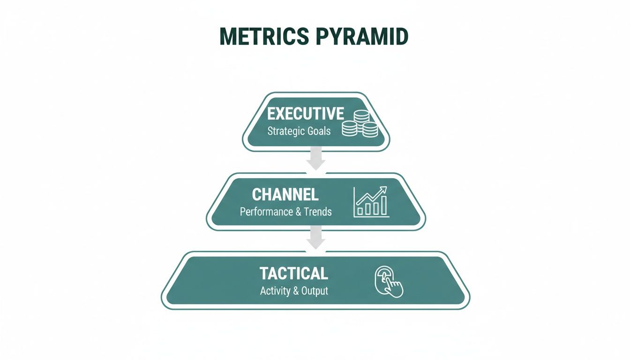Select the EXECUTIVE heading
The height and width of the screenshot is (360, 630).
pyautogui.click(x=306, y=113)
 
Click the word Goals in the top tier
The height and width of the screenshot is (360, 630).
pyautogui.click(x=319, y=131)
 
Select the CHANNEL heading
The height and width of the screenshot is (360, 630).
pyautogui.click(x=285, y=194)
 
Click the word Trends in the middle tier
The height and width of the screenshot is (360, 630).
pyautogui.click(x=317, y=211)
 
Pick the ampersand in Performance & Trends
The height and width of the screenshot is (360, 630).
pyautogui.click(x=298, y=211)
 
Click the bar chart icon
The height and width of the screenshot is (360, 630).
pyautogui.click(x=371, y=202)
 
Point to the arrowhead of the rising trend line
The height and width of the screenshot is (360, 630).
pyautogui.click(x=384, y=189)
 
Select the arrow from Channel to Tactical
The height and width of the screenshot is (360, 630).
pyautogui.click(x=315, y=238)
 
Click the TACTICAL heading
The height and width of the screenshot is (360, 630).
pyautogui.click(x=294, y=273)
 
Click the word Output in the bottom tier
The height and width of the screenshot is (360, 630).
pyautogui.click(x=315, y=291)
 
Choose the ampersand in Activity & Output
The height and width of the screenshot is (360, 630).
pyautogui.click(x=296, y=291)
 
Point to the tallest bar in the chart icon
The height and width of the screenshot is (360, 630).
pyautogui.click(x=383, y=205)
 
